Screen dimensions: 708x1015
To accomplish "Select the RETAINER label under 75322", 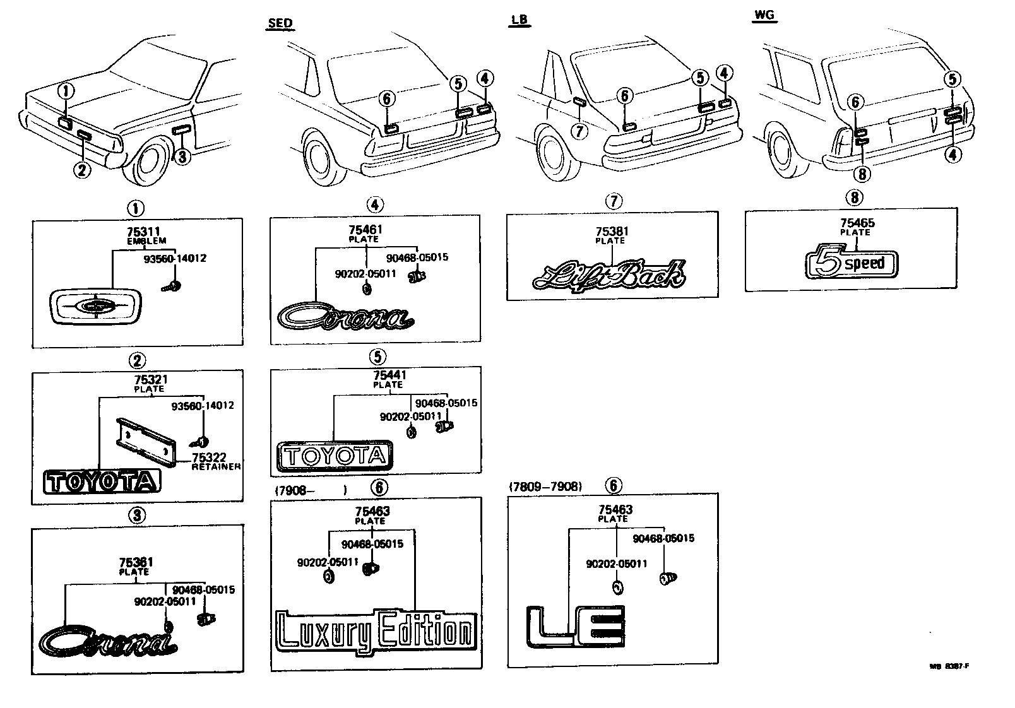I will pyautogui.click(x=216, y=466).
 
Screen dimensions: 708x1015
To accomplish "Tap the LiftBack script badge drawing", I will pyautogui.click(x=608, y=275).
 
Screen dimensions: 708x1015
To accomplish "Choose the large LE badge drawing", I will pyautogui.click(x=575, y=627).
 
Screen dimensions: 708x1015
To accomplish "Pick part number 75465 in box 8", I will pyautogui.click(x=857, y=223).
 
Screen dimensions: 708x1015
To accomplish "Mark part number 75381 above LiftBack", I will pyautogui.click(x=612, y=232).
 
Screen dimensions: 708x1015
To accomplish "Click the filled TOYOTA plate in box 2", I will pyautogui.click(x=102, y=483).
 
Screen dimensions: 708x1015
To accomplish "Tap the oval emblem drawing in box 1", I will pyautogui.click(x=97, y=307).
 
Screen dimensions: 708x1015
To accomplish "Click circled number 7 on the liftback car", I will pyautogui.click(x=579, y=131).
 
